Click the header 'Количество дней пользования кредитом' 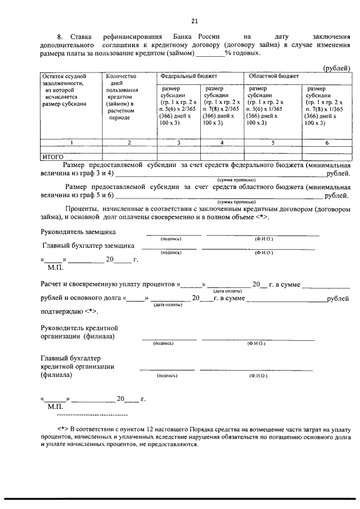pyautogui.click(x=129, y=96)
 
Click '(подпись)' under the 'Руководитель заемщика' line pyautogui.click(x=171, y=239)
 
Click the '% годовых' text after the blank pyautogui.click(x=242, y=53)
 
